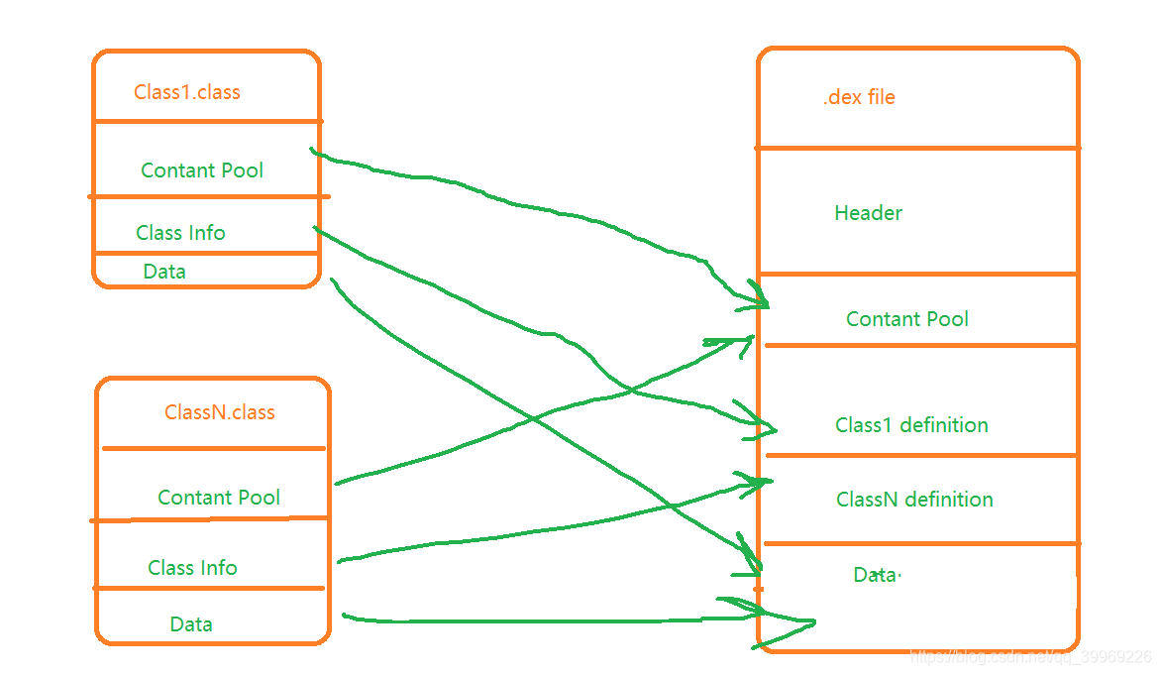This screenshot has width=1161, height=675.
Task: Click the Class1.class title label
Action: tap(187, 92)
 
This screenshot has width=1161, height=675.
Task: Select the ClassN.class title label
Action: tap(220, 412)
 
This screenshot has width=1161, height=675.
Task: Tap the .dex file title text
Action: tap(859, 97)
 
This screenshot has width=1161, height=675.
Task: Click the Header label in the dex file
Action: tap(868, 213)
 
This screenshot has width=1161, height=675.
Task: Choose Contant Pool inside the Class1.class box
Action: tap(202, 170)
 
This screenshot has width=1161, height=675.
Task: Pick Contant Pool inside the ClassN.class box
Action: tap(219, 498)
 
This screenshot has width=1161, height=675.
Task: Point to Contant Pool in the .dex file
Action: tap(906, 319)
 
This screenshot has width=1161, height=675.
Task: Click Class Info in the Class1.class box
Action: tap(180, 233)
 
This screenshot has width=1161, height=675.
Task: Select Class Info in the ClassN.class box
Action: tap(192, 568)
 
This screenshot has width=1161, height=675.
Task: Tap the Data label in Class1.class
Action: tap(164, 272)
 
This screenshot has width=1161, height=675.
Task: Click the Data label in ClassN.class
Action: tap(191, 624)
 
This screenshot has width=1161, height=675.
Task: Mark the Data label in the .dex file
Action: tap(875, 575)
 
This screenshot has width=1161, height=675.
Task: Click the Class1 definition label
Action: tap(911, 425)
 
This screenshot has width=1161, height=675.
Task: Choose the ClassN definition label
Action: tap(914, 500)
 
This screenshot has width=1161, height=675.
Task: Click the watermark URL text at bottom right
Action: tap(1030, 657)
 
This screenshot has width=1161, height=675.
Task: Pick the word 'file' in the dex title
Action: tap(881, 97)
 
